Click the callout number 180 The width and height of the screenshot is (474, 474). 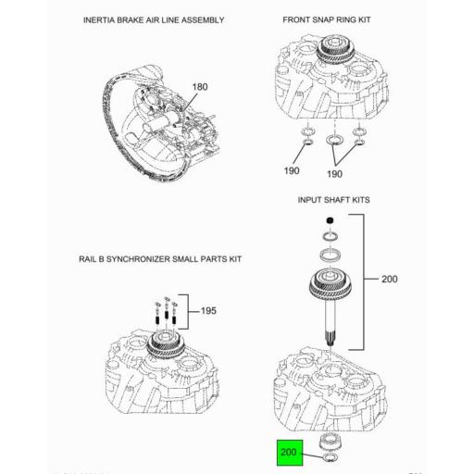200,87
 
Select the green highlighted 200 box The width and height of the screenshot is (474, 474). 289,455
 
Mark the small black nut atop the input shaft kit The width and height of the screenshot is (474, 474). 329,220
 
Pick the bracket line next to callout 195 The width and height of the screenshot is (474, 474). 192,311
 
